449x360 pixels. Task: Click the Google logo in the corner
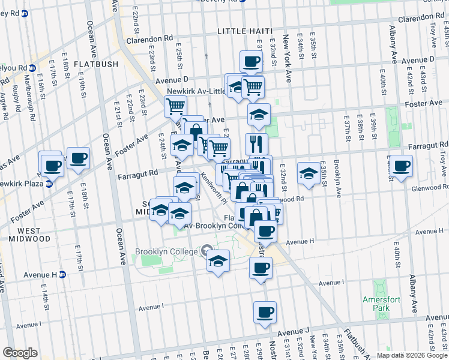point(20,352)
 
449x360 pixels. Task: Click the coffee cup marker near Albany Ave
point(402,165)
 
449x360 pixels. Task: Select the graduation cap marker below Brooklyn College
point(218,261)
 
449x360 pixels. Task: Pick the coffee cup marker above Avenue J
point(265,312)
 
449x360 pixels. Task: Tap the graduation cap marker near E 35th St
point(309,173)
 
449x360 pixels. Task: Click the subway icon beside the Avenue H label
point(62,274)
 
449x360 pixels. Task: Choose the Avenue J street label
point(294,331)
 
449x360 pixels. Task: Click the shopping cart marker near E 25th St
point(175,107)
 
